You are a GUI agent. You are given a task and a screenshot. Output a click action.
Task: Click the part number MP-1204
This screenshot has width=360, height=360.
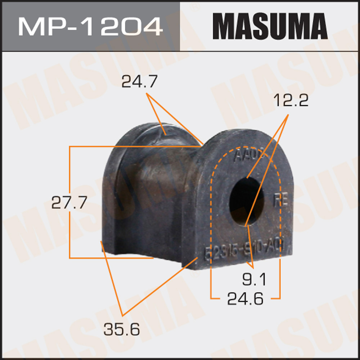tap(90, 26)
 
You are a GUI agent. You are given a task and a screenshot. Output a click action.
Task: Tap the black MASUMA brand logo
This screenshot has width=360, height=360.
tap(270, 26)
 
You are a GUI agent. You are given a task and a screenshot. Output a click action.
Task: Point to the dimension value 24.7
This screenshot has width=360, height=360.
tap(139, 82)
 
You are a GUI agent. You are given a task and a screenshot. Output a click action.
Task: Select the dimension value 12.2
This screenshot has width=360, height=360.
tap(291, 101)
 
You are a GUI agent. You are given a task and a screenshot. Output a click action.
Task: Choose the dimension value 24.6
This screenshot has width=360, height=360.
tap(245, 298)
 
